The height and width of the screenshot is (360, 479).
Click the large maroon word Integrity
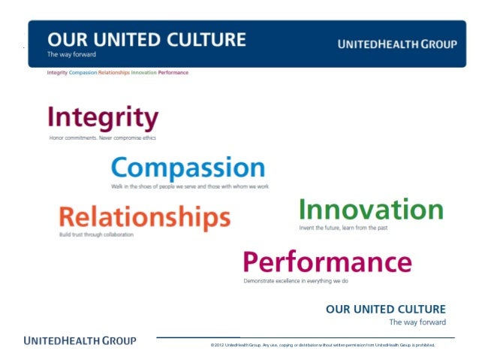[x=103, y=119]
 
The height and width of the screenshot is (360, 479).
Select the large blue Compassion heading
[x=188, y=168]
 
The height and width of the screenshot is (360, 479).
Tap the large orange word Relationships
[x=144, y=218]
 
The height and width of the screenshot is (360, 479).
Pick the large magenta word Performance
[x=327, y=262]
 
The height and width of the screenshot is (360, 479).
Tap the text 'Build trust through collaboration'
[x=95, y=235]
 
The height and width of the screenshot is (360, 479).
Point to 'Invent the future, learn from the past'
[x=343, y=227]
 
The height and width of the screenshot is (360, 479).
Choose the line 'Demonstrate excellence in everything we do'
[x=295, y=280]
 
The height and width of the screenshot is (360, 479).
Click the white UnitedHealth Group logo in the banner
[x=397, y=44]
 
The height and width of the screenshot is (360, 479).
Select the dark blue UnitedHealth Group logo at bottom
[x=80, y=340]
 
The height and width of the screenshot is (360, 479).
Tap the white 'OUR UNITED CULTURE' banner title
[x=146, y=39]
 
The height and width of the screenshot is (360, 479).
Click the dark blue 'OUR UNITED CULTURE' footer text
[x=385, y=309]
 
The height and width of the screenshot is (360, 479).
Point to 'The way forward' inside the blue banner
[x=71, y=55]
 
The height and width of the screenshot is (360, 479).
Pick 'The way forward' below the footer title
[x=417, y=322]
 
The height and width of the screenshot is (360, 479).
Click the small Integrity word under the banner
[x=57, y=73]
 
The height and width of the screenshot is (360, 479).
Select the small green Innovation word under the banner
[x=143, y=73]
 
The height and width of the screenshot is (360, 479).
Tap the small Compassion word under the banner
[x=83, y=73]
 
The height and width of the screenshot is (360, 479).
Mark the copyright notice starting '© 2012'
[x=323, y=345]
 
